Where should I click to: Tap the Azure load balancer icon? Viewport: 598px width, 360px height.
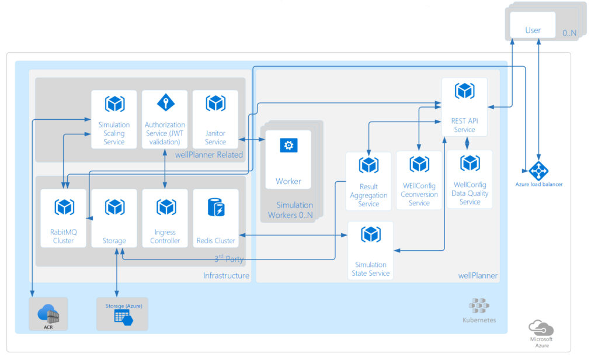pyautogui.click(x=538, y=171)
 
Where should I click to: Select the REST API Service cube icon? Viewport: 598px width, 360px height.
pyautogui.click(x=464, y=91)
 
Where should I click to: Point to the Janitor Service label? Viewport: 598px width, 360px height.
pyautogui.click(x=215, y=137)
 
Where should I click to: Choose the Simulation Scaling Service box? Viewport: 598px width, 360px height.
pyautogui.click(x=114, y=119)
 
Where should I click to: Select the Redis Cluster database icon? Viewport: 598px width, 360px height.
pyautogui.click(x=216, y=207)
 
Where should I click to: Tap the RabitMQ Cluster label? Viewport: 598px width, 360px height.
pyautogui.click(x=63, y=236)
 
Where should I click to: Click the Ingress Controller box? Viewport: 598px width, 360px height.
pyautogui.click(x=165, y=218)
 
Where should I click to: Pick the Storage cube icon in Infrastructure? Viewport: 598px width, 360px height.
pyautogui.click(x=114, y=207)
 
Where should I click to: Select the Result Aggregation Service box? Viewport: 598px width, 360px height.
pyautogui.click(x=368, y=181)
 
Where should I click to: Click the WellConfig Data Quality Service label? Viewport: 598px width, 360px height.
pyautogui.click(x=470, y=193)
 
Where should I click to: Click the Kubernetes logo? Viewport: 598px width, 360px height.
pyautogui.click(x=479, y=306)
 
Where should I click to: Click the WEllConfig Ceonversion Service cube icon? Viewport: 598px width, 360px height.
pyautogui.click(x=419, y=164)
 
